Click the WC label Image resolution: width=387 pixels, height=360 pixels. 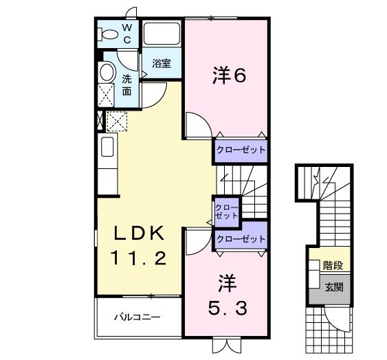[x=127, y=33]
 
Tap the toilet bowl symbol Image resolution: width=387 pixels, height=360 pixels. [x=108, y=34]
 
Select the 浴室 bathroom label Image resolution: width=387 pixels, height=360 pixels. [x=162, y=64]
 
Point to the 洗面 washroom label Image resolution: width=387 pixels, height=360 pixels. [x=127, y=84]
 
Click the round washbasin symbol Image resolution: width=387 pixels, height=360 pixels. [x=107, y=72]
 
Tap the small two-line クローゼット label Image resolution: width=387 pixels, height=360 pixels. [x=226, y=211]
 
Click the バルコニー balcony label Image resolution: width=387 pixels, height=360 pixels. [x=137, y=318]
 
